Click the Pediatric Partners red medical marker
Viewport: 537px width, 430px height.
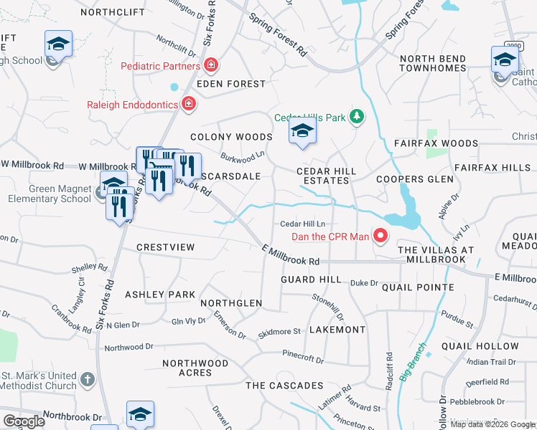(x=211, y=67)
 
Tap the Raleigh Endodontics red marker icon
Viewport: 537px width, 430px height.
(x=188, y=105)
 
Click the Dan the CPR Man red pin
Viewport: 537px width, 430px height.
(x=380, y=236)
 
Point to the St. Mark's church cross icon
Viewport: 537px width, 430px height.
(x=87, y=380)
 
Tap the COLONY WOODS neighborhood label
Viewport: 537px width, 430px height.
(x=231, y=137)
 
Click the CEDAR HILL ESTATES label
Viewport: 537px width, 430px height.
(x=324, y=176)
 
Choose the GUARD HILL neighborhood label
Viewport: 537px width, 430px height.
(x=311, y=279)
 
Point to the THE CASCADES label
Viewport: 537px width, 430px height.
(x=284, y=386)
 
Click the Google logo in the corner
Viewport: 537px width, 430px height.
(x=24, y=421)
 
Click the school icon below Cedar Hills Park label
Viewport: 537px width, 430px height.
(x=303, y=132)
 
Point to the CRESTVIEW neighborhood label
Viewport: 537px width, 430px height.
(x=166, y=247)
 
